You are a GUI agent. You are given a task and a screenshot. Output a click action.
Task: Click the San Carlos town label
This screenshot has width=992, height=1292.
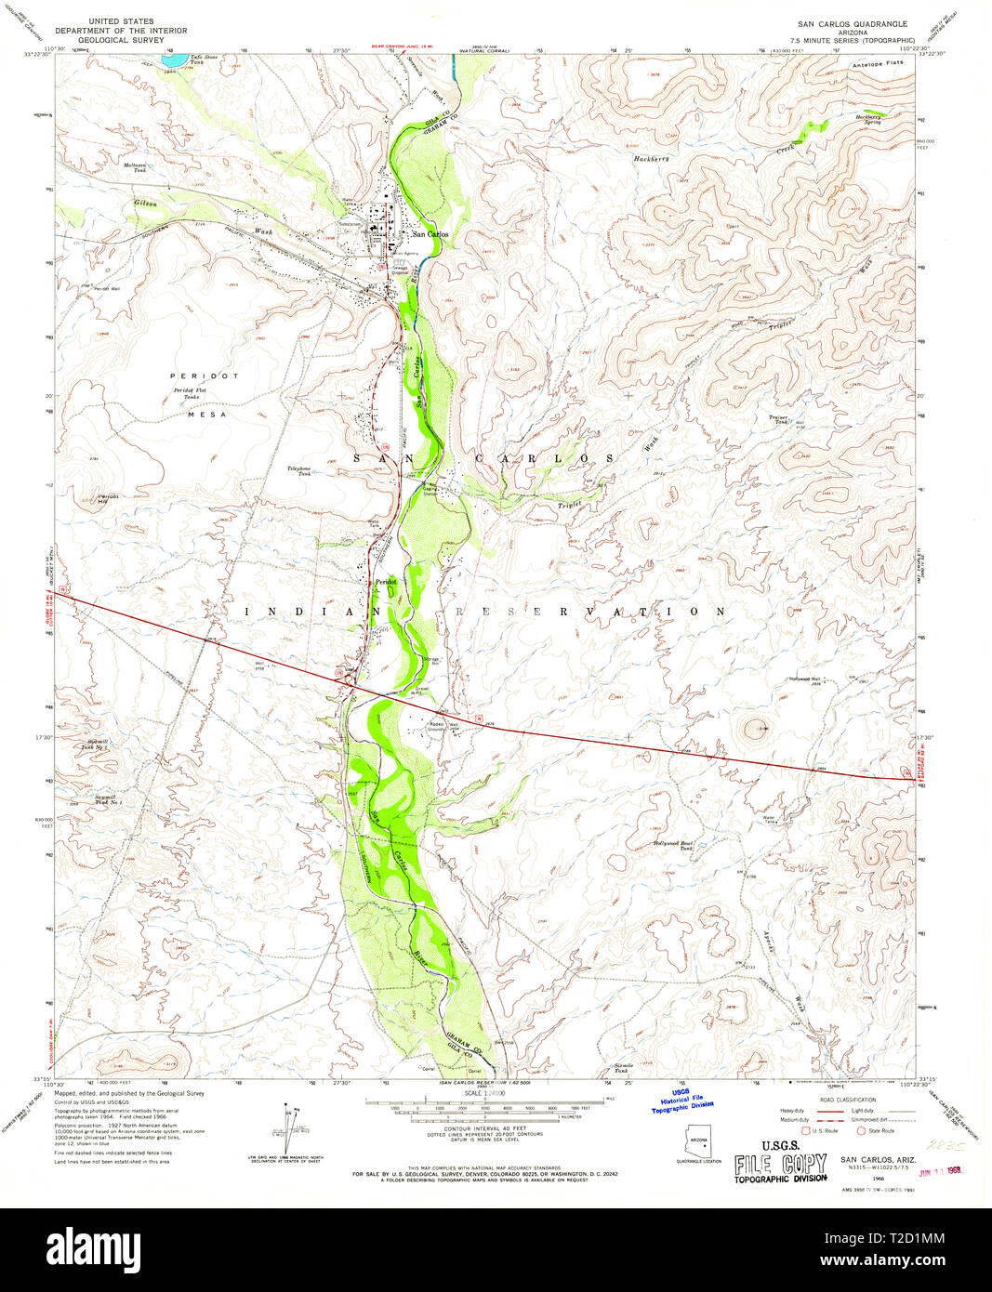430,234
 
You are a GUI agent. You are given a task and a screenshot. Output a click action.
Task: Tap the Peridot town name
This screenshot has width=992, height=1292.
386,582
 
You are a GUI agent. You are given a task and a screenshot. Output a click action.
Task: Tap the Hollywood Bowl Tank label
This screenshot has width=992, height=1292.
673,845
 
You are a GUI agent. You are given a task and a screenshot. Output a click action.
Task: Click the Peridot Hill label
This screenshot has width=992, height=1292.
109,498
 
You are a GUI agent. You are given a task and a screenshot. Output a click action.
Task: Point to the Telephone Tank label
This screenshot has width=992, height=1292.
298,470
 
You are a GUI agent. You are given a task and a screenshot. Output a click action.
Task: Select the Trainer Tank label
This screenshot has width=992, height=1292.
778,419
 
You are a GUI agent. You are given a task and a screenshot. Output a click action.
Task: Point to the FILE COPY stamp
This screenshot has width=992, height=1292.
780,1165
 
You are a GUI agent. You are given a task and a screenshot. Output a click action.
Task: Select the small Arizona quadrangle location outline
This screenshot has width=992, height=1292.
700,1142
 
